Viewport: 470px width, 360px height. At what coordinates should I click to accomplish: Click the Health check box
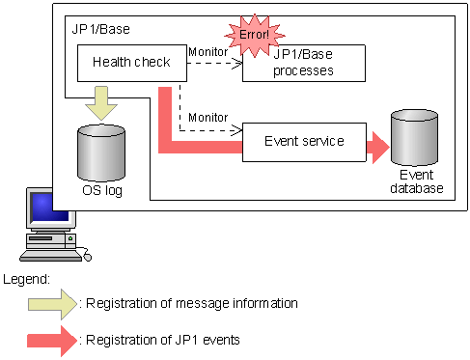click(x=131, y=62)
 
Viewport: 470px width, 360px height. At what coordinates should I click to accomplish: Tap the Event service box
click(x=304, y=141)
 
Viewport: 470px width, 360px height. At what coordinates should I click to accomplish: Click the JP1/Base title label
click(x=102, y=30)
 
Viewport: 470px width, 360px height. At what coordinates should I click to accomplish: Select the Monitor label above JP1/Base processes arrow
click(x=207, y=51)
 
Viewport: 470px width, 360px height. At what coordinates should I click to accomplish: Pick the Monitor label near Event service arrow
click(x=207, y=117)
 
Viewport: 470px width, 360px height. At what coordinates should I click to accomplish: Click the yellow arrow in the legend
click(x=53, y=304)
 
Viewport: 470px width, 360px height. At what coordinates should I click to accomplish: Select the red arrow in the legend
click(x=53, y=340)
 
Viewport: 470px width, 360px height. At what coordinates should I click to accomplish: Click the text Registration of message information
click(x=192, y=304)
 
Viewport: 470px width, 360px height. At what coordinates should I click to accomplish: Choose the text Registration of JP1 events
click(x=163, y=340)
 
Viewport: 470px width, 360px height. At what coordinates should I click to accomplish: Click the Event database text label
click(x=417, y=182)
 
